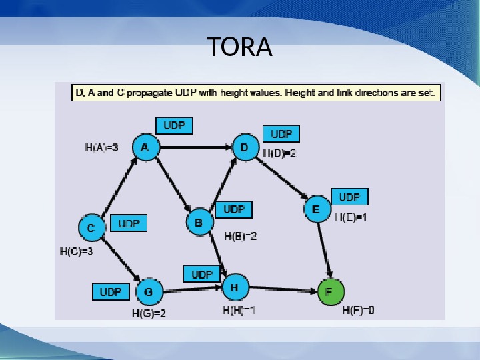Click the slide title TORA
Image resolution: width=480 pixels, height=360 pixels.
[240, 47]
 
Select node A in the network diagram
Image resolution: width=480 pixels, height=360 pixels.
[145, 147]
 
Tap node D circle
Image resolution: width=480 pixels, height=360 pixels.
[245, 147]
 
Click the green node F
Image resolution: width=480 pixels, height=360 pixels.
[330, 292]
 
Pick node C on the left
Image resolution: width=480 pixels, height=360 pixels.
[91, 228]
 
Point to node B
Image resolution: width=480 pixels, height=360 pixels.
[199, 221]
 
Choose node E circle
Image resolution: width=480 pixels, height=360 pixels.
[317, 209]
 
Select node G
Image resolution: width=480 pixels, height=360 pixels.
[149, 291]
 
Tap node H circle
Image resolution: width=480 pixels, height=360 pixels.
[234, 287]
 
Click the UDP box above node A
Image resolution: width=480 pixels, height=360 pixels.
[174, 125]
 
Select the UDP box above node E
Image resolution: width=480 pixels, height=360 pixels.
[349, 197]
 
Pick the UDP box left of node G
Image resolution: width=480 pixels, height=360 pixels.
[111, 291]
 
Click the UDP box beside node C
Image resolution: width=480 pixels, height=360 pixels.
[128, 224]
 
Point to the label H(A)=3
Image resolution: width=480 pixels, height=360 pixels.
[102, 148]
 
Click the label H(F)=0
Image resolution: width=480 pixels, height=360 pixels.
[359, 310]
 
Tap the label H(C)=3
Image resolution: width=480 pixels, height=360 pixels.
[77, 252]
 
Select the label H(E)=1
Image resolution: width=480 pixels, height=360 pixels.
[351, 217]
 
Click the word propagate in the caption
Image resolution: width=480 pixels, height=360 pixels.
[146, 94]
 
